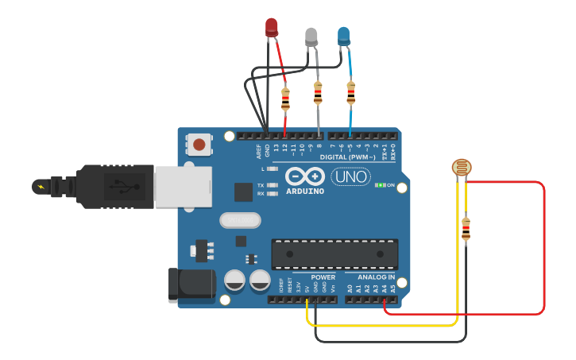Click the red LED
pyautogui.click(x=272, y=27)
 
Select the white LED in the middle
pyautogui.click(x=311, y=36)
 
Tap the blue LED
pyautogui.click(x=344, y=36)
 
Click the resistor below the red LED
pyautogui.click(x=285, y=99)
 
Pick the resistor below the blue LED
pyautogui.click(x=350, y=93)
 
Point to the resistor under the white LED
pyautogui.click(x=318, y=93)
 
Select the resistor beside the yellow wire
pyautogui.click(x=466, y=229)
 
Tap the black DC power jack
pyautogui.click(x=191, y=285)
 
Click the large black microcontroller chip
pyautogui.click(x=334, y=254)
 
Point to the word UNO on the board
pyautogui.click(x=351, y=176)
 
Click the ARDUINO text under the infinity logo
pyautogui.click(x=305, y=192)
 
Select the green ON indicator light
pyautogui.click(x=380, y=185)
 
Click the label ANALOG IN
pyautogui.click(x=370, y=277)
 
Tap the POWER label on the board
pyautogui.click(x=323, y=277)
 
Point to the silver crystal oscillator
pyautogui.click(x=240, y=219)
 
